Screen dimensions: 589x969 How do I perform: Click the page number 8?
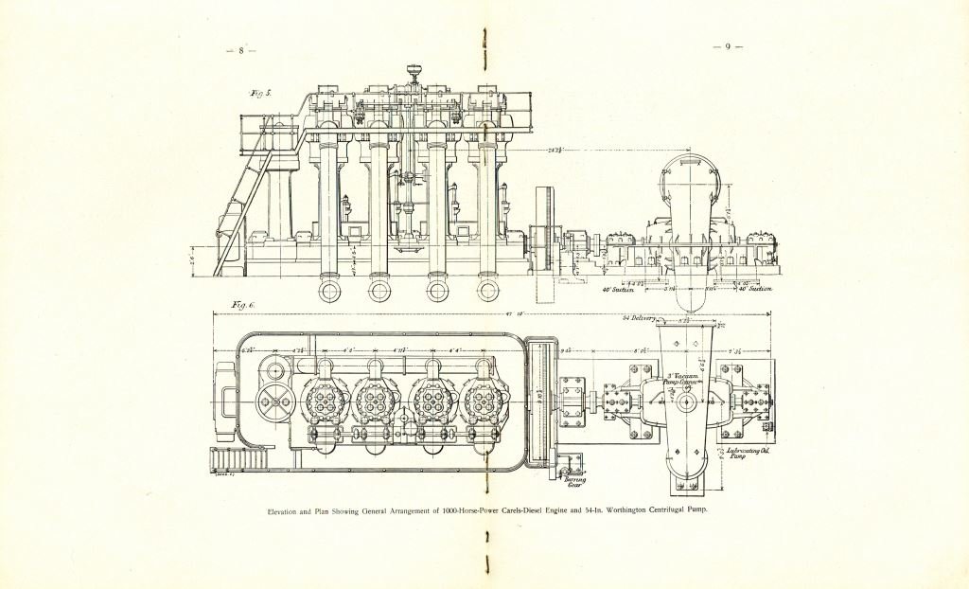[x=241, y=50]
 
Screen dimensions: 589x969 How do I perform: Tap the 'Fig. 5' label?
[x=260, y=94]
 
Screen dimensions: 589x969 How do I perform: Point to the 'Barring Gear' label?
[x=574, y=482]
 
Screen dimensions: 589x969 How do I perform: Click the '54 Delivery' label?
[x=639, y=319]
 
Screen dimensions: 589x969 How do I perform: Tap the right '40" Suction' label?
[x=756, y=290]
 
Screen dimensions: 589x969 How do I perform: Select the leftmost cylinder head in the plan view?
[x=326, y=402]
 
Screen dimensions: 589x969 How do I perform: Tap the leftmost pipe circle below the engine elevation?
[x=329, y=289]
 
